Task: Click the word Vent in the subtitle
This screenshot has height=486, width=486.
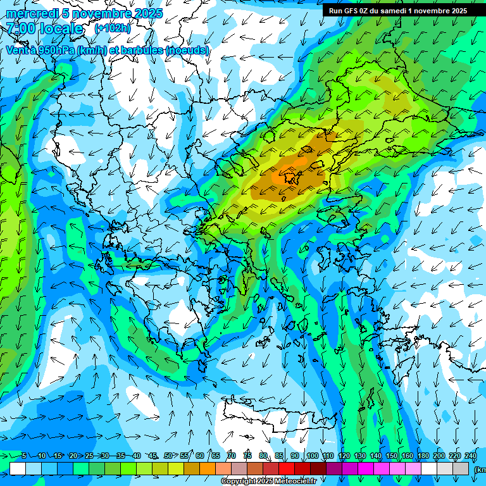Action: click(18, 50)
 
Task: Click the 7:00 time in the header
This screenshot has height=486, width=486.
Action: click(21, 28)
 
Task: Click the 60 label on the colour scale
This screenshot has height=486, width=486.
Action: click(200, 456)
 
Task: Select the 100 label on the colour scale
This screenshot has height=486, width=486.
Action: click(312, 456)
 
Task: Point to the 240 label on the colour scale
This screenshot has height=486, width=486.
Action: click(471, 456)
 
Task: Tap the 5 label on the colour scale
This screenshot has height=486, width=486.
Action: click(24, 456)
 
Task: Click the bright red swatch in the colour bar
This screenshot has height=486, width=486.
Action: click(287, 468)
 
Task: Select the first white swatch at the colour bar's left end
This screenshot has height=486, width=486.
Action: click(18, 468)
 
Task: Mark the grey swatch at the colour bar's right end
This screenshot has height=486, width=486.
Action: click(461, 468)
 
